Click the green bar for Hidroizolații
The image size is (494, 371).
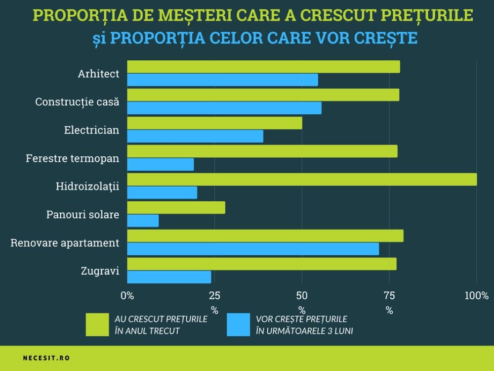(302, 179)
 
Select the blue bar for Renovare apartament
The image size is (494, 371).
(253, 249)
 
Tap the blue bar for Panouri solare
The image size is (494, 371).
(143, 221)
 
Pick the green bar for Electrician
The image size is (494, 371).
(214, 123)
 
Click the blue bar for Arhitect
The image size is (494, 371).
(222, 80)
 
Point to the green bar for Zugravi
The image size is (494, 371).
(261, 264)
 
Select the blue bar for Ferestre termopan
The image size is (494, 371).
(160, 164)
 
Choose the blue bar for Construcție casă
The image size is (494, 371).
(224, 108)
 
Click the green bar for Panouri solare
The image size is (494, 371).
(176, 207)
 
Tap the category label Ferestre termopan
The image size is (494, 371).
(73, 158)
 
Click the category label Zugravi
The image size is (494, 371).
(100, 271)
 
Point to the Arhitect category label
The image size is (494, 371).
(98, 74)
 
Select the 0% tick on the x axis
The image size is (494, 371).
(127, 296)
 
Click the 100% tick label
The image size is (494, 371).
(476, 296)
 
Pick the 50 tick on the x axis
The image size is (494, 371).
(301, 296)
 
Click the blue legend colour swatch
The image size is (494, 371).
(239, 325)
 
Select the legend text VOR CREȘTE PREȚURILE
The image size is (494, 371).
(301, 319)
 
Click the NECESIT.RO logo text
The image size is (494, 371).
(46, 358)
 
